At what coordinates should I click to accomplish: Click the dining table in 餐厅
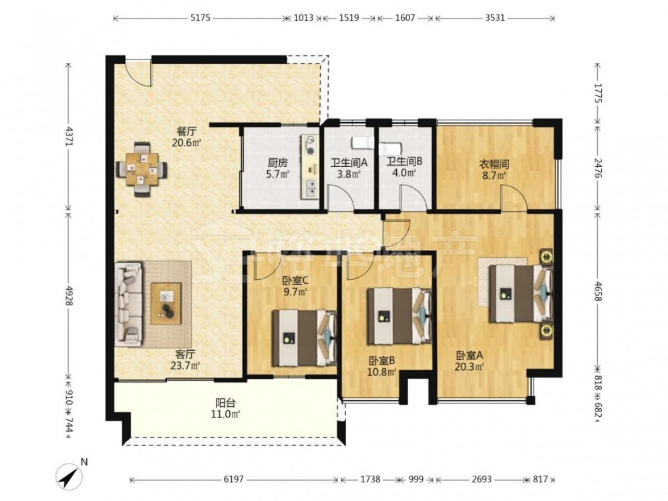pos(142,170)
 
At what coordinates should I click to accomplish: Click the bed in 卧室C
pos(304,338)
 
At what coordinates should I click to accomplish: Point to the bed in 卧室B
pos(400,316)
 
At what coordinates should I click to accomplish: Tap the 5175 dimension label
pos(200,18)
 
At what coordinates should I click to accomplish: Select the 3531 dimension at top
pos(494,18)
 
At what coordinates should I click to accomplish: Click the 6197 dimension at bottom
pos(233,479)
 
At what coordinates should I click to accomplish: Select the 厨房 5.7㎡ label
pos(278,168)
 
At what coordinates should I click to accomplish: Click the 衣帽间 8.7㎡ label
pos(494,169)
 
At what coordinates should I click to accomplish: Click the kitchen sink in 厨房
pos(311,186)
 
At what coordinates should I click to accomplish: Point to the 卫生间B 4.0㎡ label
pos(404,168)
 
